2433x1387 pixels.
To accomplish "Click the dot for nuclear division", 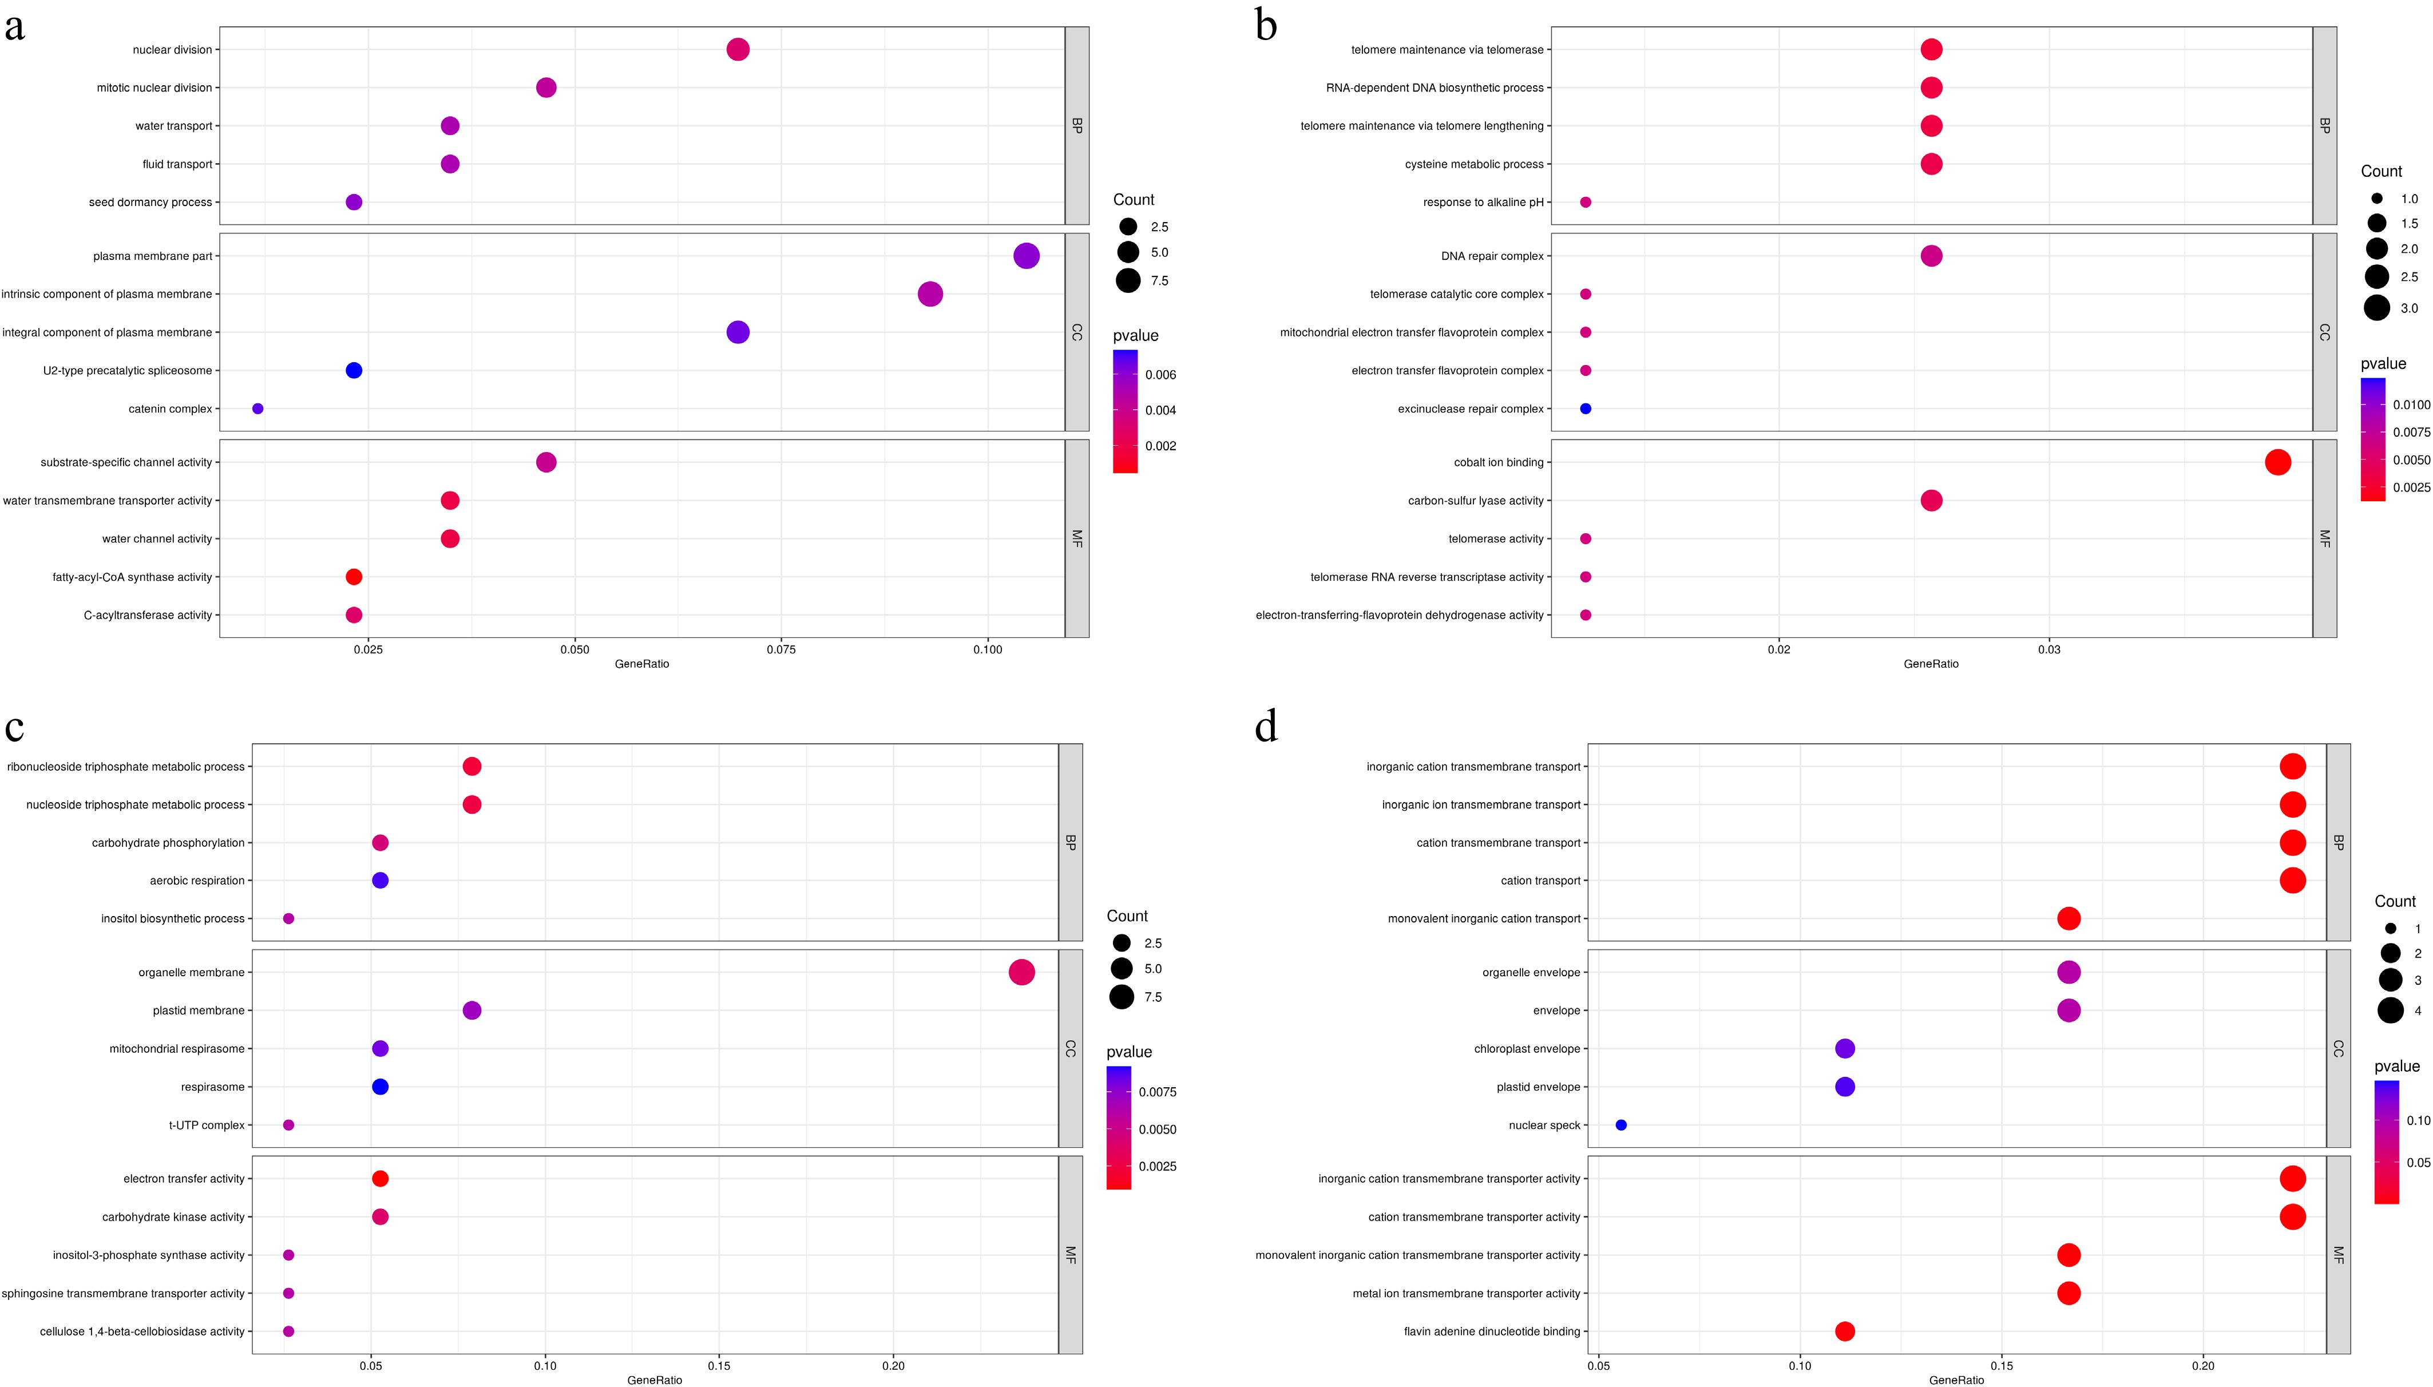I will [738, 50].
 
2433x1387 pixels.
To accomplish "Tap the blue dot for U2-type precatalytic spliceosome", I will [354, 371].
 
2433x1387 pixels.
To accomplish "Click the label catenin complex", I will [171, 409].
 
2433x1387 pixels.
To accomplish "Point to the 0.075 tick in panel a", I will [781, 649].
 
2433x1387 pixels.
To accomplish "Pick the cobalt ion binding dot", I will [2277, 462].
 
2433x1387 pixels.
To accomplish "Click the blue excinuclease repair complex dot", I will [1585, 409].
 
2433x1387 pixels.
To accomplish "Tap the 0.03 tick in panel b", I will [2049, 649].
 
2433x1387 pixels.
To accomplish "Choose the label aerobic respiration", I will [197, 880].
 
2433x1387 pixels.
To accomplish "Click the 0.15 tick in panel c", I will [719, 1366].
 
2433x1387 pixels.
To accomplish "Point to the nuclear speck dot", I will [1622, 1125].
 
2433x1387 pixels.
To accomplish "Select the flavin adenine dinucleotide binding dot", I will [1844, 1331].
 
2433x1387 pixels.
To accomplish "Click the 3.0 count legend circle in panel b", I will [2377, 308].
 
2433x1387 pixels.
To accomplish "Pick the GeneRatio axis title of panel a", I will [642, 664].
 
